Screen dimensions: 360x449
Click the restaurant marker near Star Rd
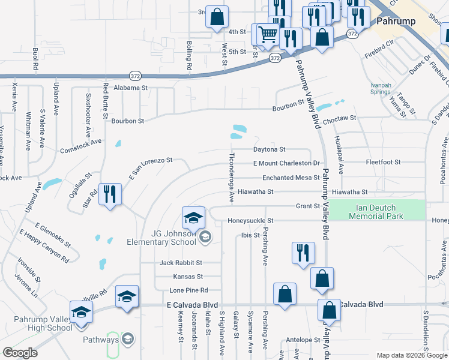point(110,194)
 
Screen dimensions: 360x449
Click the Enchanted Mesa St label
point(291,178)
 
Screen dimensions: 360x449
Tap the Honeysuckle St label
point(250,221)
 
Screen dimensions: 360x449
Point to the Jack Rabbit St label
point(180,263)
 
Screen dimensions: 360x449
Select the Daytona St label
point(269,149)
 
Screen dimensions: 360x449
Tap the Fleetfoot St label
point(383,163)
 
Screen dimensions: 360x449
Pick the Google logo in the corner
point(20,353)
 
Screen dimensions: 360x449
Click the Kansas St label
point(188,277)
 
